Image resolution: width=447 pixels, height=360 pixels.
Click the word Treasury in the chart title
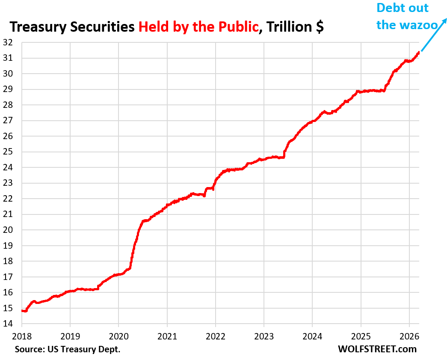(x=37, y=27)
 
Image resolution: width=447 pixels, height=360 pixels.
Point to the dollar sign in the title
(x=319, y=27)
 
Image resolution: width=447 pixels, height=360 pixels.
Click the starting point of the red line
(x=21, y=310)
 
